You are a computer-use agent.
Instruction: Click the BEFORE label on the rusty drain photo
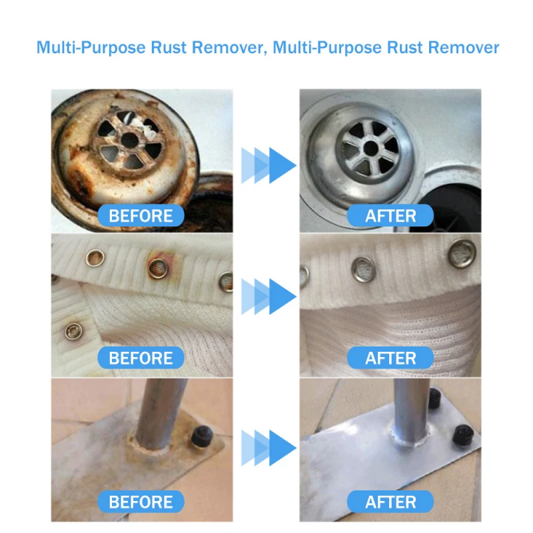141,215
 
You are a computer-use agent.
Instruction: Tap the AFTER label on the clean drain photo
390,215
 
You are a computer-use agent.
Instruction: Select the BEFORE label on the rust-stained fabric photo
141,358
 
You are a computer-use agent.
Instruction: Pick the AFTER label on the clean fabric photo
390,358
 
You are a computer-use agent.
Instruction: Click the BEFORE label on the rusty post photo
141,501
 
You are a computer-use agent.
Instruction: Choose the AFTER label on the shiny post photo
390,501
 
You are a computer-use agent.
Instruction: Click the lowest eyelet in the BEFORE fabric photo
72,328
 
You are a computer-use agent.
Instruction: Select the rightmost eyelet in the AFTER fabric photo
462,251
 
